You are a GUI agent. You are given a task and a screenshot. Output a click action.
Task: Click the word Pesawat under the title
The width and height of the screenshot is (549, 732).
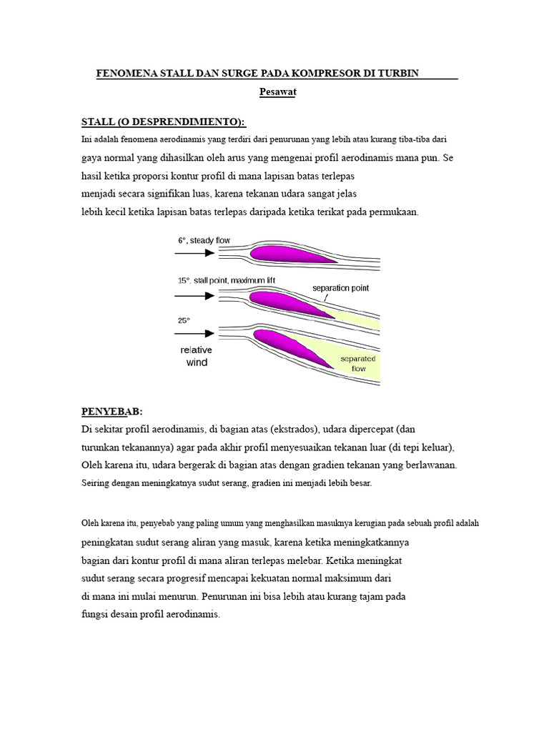tap(277, 92)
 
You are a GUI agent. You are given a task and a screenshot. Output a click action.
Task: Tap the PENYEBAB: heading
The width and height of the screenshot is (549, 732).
tap(112, 412)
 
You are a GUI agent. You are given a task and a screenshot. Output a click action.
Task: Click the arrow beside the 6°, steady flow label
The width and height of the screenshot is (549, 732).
tap(194, 254)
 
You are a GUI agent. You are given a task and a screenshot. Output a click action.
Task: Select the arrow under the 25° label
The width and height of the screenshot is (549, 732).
tap(194, 333)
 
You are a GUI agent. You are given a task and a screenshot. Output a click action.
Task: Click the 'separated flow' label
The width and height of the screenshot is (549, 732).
tap(358, 363)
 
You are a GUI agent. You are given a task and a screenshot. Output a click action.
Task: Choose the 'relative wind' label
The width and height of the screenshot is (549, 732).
tap(197, 356)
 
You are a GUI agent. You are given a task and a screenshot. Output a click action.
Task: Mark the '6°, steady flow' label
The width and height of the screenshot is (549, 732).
tap(204, 241)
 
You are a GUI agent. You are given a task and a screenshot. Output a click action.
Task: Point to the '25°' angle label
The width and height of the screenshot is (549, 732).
tap(184, 320)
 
